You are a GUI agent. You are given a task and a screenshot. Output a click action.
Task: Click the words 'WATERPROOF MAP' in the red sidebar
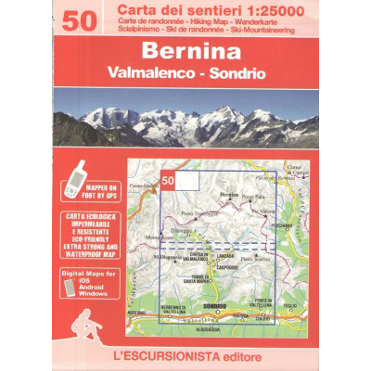pyautogui.click(x=83, y=251)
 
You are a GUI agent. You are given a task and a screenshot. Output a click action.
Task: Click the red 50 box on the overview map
pyautogui.click(x=168, y=179)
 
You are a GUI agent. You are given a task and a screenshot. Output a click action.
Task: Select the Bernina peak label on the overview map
pyautogui.click(x=229, y=194)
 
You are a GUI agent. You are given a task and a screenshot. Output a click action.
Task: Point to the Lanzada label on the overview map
pyautogui.click(x=224, y=254)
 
